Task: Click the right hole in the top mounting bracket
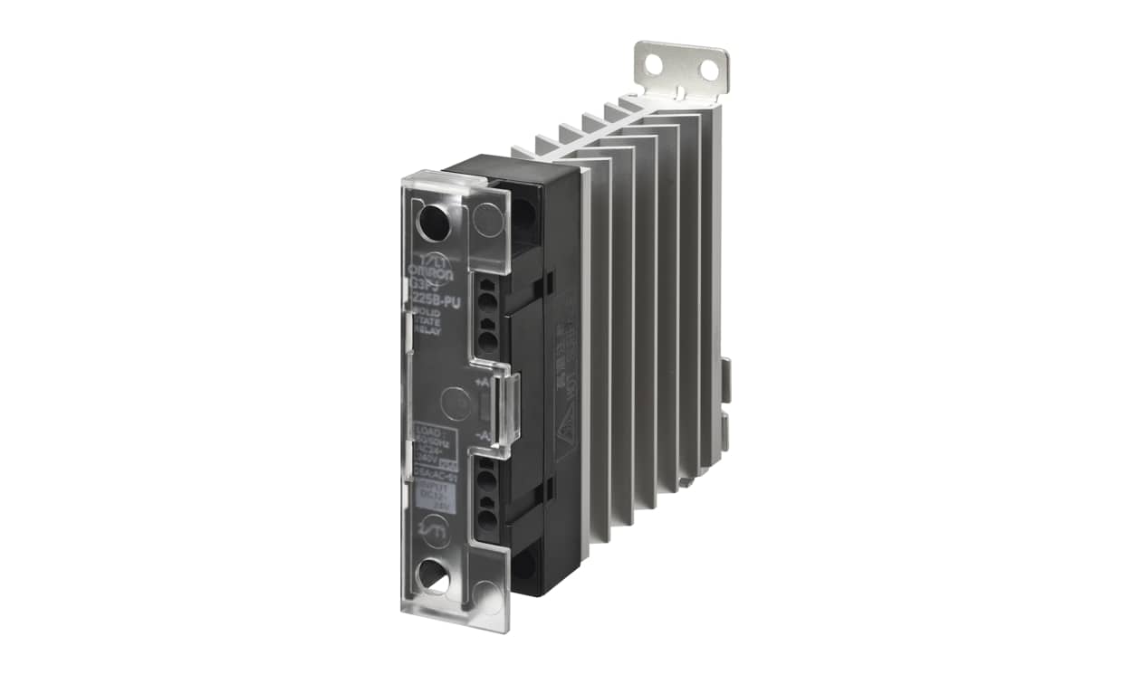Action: [708, 70]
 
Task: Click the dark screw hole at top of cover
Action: [435, 222]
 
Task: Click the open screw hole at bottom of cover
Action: [435, 574]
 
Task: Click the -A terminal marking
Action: [483, 437]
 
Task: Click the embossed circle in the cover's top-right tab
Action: [489, 220]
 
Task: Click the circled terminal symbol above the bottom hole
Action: [436, 527]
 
